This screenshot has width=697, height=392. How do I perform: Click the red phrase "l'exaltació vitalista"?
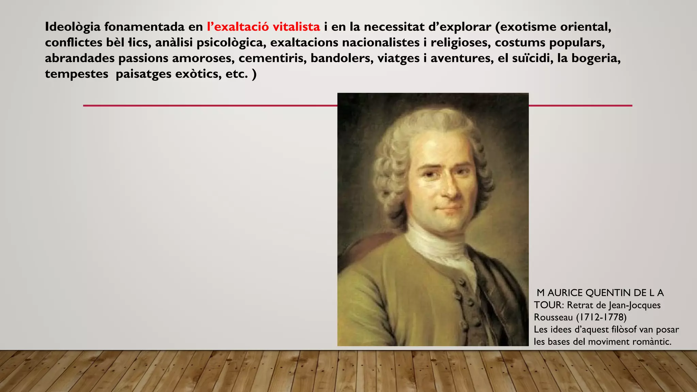[263, 27]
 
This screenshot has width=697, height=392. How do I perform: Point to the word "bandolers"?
[342, 58]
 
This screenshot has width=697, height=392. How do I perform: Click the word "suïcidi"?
[528, 58]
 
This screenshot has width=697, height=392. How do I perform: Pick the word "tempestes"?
[77, 74]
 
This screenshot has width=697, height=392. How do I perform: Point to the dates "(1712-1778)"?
[601, 317]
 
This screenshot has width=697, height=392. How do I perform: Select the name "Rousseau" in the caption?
[553, 317]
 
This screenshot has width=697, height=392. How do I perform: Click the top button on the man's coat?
[461, 282]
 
